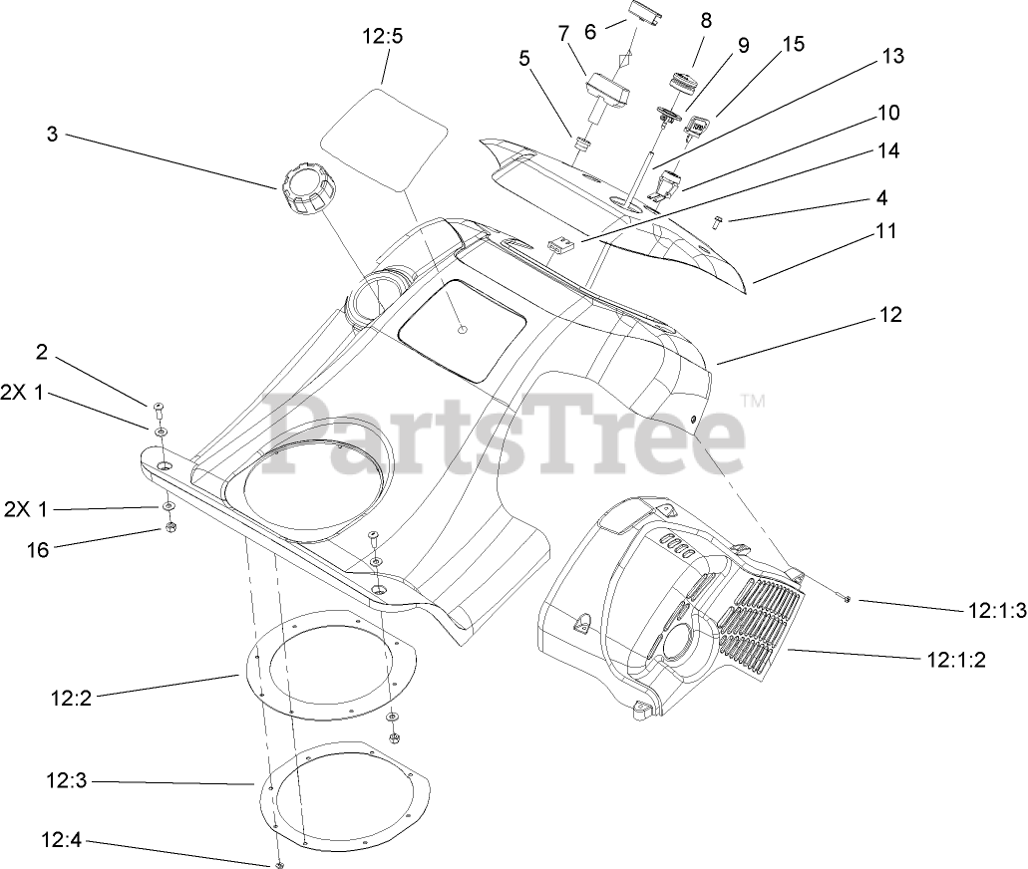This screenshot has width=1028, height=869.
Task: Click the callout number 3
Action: (x=52, y=134)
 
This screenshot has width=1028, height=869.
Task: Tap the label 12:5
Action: (x=383, y=38)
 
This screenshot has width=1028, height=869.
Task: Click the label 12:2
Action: (x=71, y=700)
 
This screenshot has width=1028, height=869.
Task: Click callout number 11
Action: (x=887, y=231)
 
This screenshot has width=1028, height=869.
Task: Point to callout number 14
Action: (x=888, y=150)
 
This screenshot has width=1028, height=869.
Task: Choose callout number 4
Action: (x=881, y=197)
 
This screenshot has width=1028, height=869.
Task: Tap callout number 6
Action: (x=590, y=32)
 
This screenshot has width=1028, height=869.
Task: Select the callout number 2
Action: (x=42, y=351)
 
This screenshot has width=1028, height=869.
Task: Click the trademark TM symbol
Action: (x=754, y=402)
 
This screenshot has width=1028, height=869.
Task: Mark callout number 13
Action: (x=892, y=57)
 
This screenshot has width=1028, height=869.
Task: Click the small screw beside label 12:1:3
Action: (x=845, y=598)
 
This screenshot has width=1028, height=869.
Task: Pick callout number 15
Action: (x=793, y=45)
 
